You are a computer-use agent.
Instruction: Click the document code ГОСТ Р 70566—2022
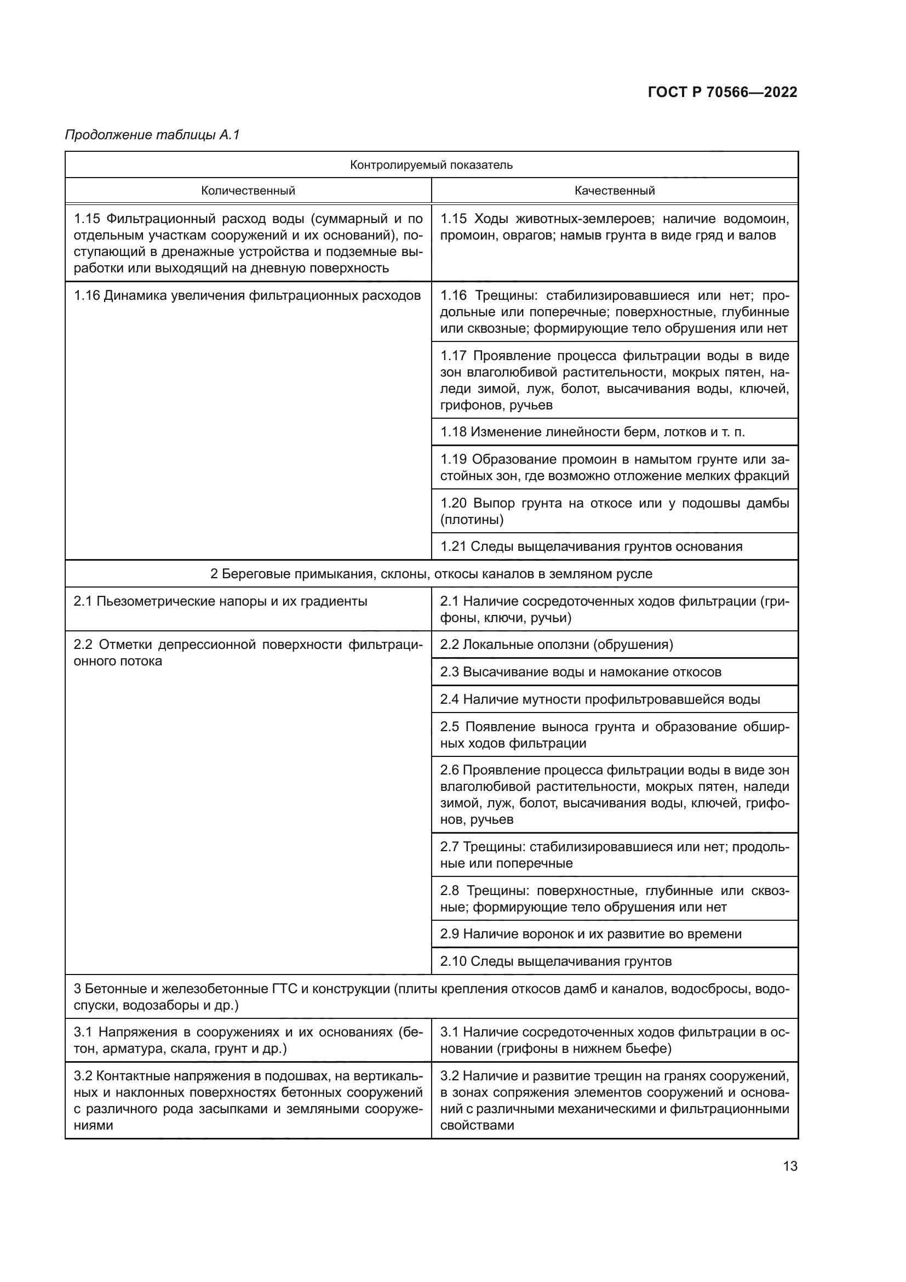click(x=722, y=93)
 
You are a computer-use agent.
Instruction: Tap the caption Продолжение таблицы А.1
click(x=152, y=135)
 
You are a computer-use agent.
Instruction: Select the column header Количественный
click(x=248, y=191)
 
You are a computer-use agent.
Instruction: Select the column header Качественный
click(x=614, y=191)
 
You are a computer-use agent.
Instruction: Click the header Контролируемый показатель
click(x=431, y=165)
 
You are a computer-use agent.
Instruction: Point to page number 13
click(x=790, y=1166)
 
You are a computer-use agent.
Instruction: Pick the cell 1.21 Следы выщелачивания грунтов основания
click(x=592, y=546)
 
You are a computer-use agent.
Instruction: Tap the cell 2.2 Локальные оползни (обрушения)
click(x=556, y=645)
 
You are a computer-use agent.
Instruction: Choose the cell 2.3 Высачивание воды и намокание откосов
click(x=580, y=673)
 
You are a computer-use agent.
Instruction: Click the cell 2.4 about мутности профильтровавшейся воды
click(x=600, y=699)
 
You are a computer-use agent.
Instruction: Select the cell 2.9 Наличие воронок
click(x=590, y=934)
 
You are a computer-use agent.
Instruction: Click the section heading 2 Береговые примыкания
click(x=431, y=574)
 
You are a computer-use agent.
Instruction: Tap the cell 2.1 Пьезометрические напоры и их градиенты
click(x=220, y=601)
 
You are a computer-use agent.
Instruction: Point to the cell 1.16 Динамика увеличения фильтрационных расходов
click(x=247, y=295)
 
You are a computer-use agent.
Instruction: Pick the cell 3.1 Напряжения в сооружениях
click(x=248, y=1040)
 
